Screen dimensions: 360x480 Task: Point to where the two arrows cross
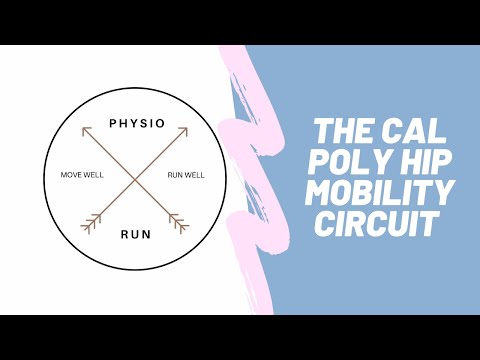pos(135,176)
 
